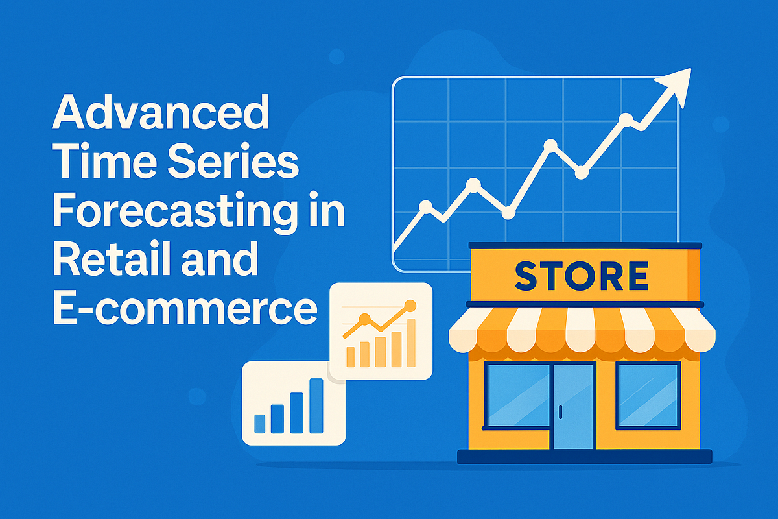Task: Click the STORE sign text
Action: click(x=581, y=276)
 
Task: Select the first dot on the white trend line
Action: click(x=425, y=207)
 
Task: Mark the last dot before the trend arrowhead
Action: click(x=626, y=119)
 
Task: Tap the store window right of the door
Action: click(x=648, y=395)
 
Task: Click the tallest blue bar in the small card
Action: click(x=316, y=405)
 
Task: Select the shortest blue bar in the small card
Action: click(x=260, y=423)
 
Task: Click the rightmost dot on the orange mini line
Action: click(x=409, y=304)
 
